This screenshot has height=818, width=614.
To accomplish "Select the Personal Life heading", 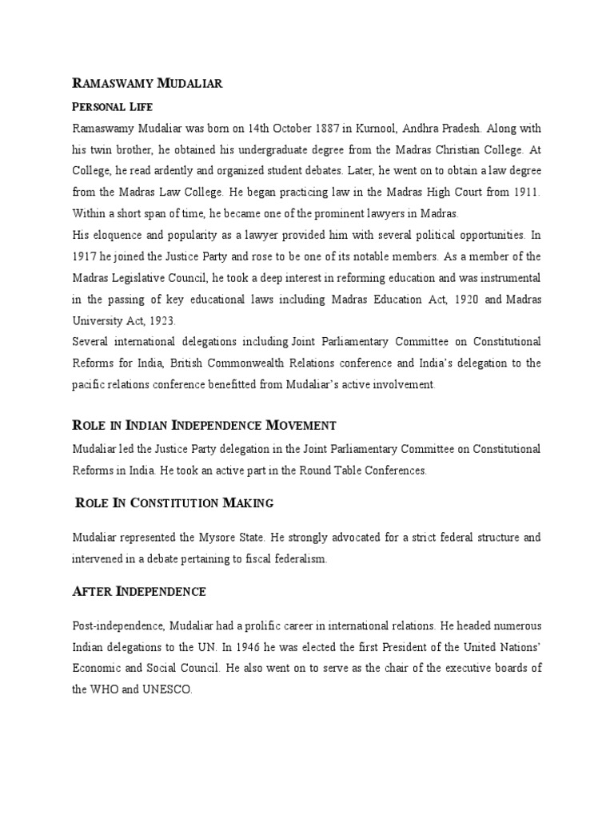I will pos(112,106).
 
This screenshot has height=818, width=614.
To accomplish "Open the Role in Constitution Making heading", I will pos(174,502).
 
